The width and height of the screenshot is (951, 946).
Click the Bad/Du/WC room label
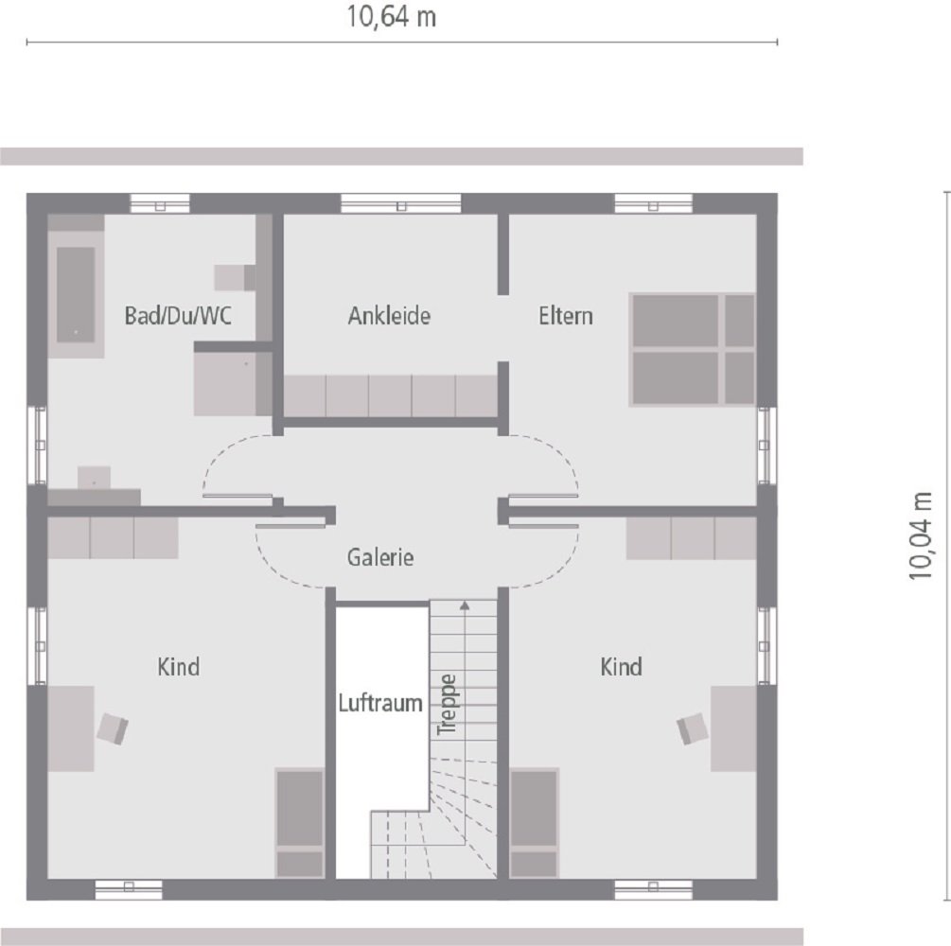pyautogui.click(x=178, y=316)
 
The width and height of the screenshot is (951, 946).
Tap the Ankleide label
pyautogui.click(x=389, y=316)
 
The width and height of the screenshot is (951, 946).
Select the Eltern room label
pyautogui.click(x=566, y=316)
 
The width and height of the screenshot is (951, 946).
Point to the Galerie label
pyautogui.click(x=380, y=557)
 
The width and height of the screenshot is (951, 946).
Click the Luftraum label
pyautogui.click(x=380, y=704)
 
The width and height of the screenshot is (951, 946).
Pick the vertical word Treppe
pyautogui.click(x=448, y=704)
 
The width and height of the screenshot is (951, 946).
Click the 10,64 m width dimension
pyautogui.click(x=392, y=17)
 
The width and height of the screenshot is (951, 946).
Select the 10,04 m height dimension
pyautogui.click(x=921, y=534)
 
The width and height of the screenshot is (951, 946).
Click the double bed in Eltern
pyautogui.click(x=693, y=350)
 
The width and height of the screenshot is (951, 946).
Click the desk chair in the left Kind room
pyautogui.click(x=113, y=728)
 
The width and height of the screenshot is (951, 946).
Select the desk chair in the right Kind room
pyautogui.click(x=692, y=728)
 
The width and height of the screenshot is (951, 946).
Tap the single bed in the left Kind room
pyautogui.click(x=300, y=821)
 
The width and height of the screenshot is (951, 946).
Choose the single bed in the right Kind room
pyautogui.click(x=535, y=821)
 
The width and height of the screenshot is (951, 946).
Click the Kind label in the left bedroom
pyautogui.click(x=178, y=667)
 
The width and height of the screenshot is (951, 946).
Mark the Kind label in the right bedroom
pyautogui.click(x=621, y=667)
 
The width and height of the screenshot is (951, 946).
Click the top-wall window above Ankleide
pyautogui.click(x=400, y=203)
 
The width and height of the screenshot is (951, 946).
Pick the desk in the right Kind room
pyautogui.click(x=733, y=728)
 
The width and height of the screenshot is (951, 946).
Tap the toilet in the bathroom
pyautogui.click(x=234, y=277)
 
